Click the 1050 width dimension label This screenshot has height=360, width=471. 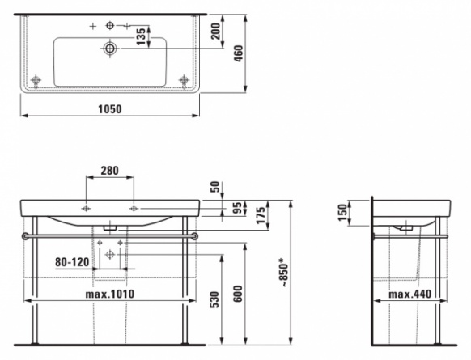click(110, 109)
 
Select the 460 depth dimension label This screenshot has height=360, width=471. click(239, 53)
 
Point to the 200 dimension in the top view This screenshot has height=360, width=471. click(215, 31)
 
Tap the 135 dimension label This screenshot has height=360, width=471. click(141, 36)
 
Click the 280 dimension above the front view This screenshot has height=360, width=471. click(109, 171)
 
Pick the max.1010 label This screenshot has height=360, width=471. click(110, 294)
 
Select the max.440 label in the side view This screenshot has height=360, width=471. click(410, 294)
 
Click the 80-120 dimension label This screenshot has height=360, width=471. click(72, 262)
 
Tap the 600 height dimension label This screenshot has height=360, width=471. click(238, 294)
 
